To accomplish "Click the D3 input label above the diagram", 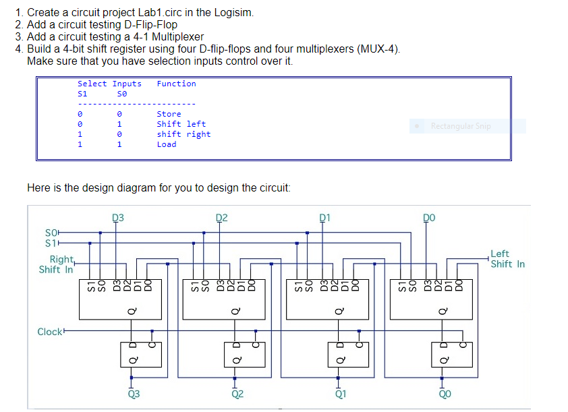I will [x=117, y=218].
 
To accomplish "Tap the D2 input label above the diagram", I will [x=221, y=218].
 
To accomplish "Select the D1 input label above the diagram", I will [x=324, y=218].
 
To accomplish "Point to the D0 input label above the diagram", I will [x=428, y=218].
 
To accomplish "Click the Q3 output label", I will [x=134, y=394].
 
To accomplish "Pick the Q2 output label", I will [x=237, y=394].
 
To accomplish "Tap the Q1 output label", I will [x=341, y=394].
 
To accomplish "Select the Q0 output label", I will [x=445, y=394].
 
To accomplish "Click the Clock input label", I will [x=49, y=331].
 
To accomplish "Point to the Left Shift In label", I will [x=507, y=259].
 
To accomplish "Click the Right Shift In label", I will [x=59, y=264].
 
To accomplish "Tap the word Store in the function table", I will [x=169, y=114].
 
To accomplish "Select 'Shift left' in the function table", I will [x=181, y=124].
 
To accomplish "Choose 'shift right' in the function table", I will [x=183, y=134].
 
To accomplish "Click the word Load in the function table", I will [x=166, y=144].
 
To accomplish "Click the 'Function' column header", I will [x=176, y=84].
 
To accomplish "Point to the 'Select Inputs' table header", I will [x=109, y=84].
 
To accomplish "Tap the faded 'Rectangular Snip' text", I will [x=461, y=126].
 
